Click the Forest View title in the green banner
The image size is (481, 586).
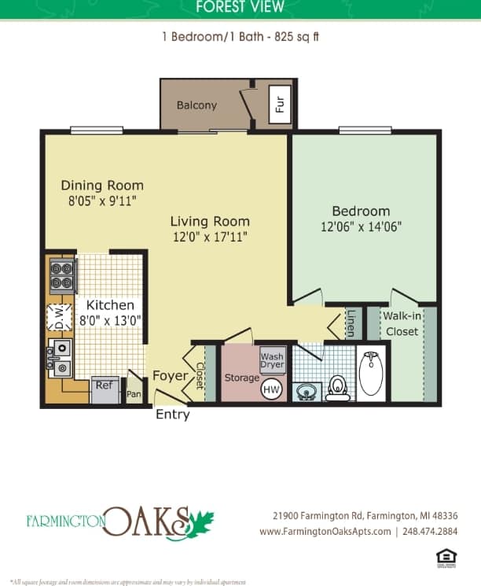click(x=240, y=7)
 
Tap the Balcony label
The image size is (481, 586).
click(x=196, y=105)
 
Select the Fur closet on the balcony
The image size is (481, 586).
click(x=280, y=102)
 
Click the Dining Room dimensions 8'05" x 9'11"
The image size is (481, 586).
click(x=102, y=201)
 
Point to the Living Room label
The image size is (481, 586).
click(x=210, y=221)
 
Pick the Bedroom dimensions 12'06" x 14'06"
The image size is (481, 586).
click(x=361, y=227)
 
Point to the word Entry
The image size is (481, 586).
click(x=172, y=415)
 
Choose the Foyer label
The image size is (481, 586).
click(x=170, y=376)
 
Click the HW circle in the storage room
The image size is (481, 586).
click(x=271, y=389)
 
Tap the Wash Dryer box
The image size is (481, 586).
click(x=272, y=361)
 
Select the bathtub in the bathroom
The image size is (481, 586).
click(x=370, y=373)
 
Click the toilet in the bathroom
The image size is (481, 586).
click(x=338, y=387)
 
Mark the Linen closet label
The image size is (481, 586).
click(x=351, y=323)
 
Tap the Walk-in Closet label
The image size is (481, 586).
click(x=402, y=323)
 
